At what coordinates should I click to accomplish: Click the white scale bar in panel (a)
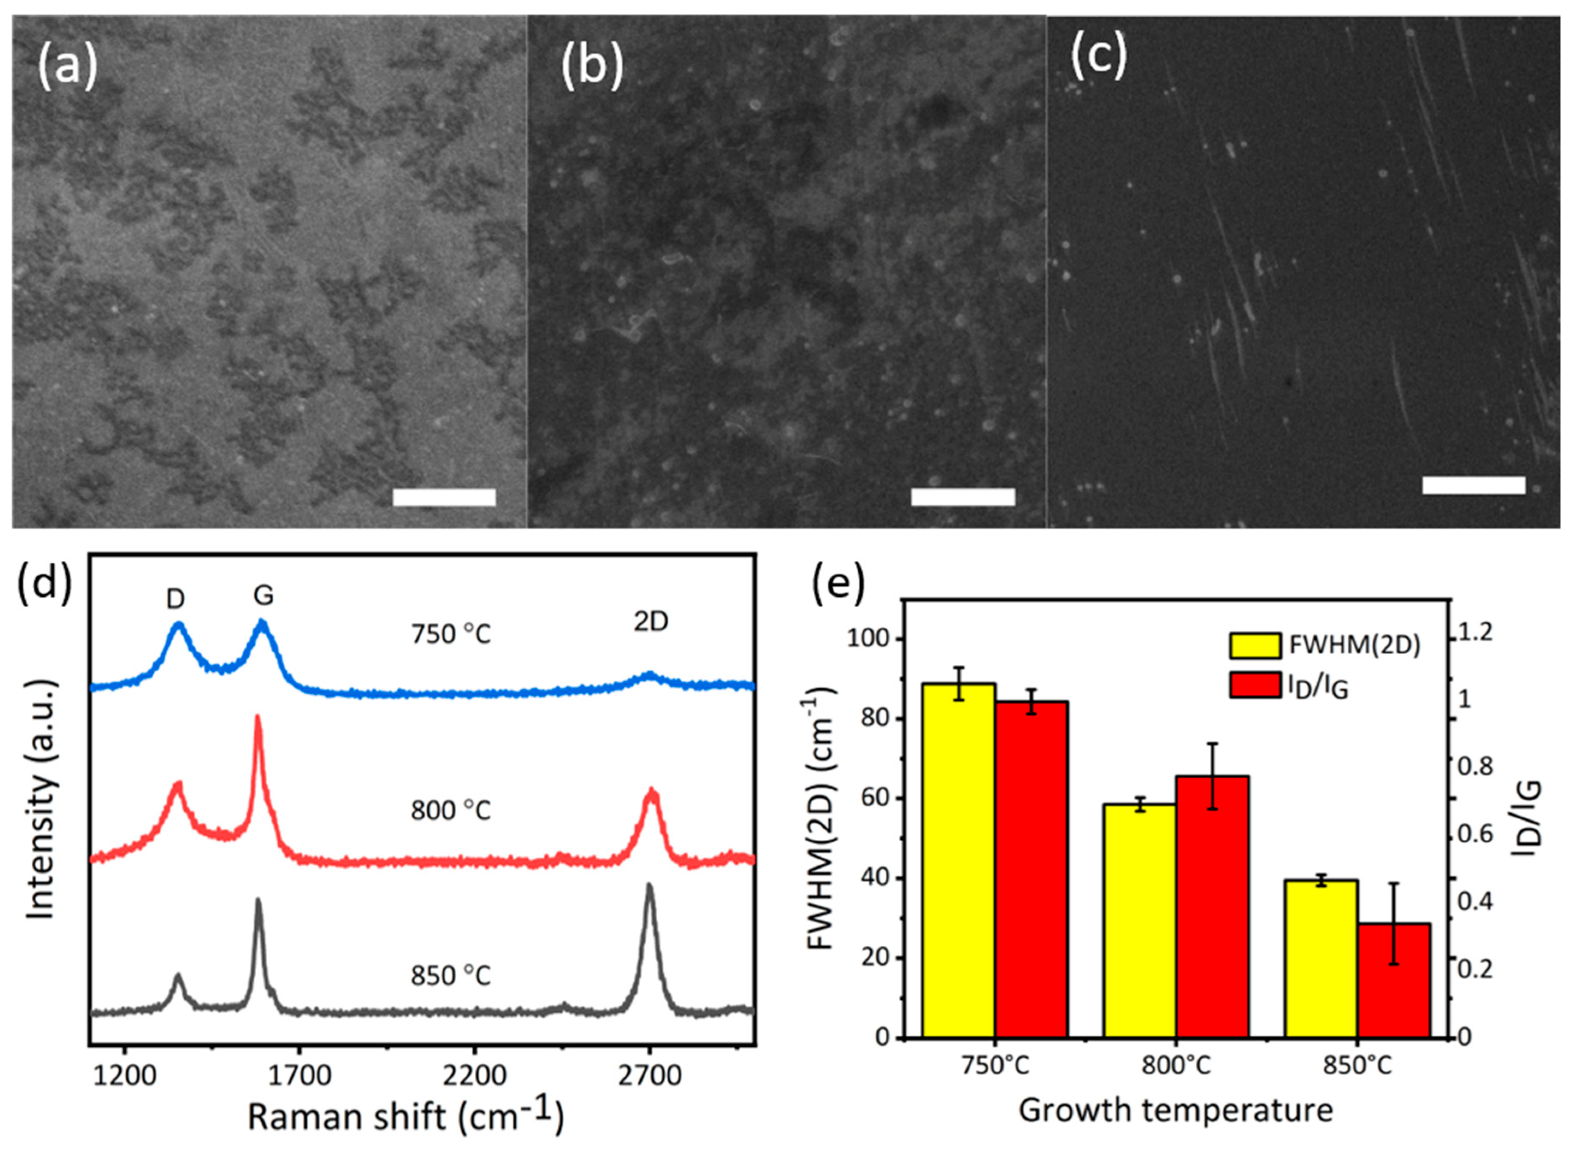[444, 497]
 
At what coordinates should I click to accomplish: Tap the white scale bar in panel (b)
[963, 497]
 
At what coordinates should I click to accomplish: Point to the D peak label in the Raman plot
[176, 598]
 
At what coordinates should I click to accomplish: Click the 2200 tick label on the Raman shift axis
[475, 1075]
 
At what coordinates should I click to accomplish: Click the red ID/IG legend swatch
[1254, 685]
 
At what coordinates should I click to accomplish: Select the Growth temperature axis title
[1176, 1110]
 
